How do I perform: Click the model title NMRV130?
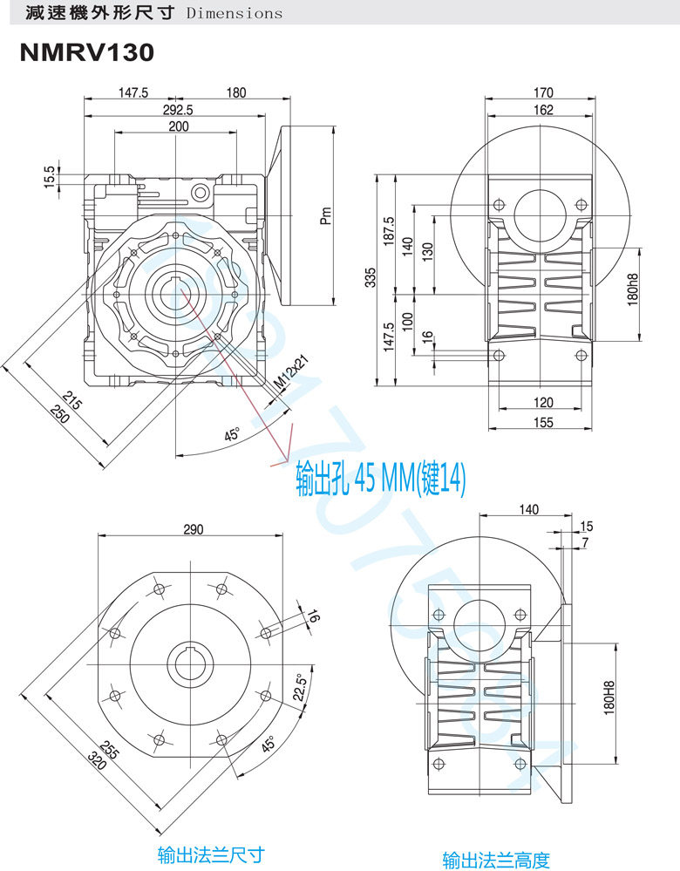pyautogui.click(x=86, y=53)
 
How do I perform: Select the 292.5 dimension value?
pyautogui.click(x=177, y=110)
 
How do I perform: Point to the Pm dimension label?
pyautogui.click(x=325, y=215)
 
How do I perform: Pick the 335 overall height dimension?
pyautogui.click(x=371, y=277)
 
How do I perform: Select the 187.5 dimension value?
pyautogui.click(x=389, y=233)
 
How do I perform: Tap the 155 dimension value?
pyautogui.click(x=542, y=422)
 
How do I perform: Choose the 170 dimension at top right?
pyautogui.click(x=542, y=93)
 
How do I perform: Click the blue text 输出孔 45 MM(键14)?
pyautogui.click(x=381, y=479)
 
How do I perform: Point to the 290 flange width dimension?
pyautogui.click(x=193, y=528)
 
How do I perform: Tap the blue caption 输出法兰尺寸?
pyautogui.click(x=211, y=854)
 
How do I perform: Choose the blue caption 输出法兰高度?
pyautogui.click(x=495, y=861)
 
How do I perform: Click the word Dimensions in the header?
pyautogui.click(x=235, y=13)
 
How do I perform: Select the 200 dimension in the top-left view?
pyautogui.click(x=178, y=126)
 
